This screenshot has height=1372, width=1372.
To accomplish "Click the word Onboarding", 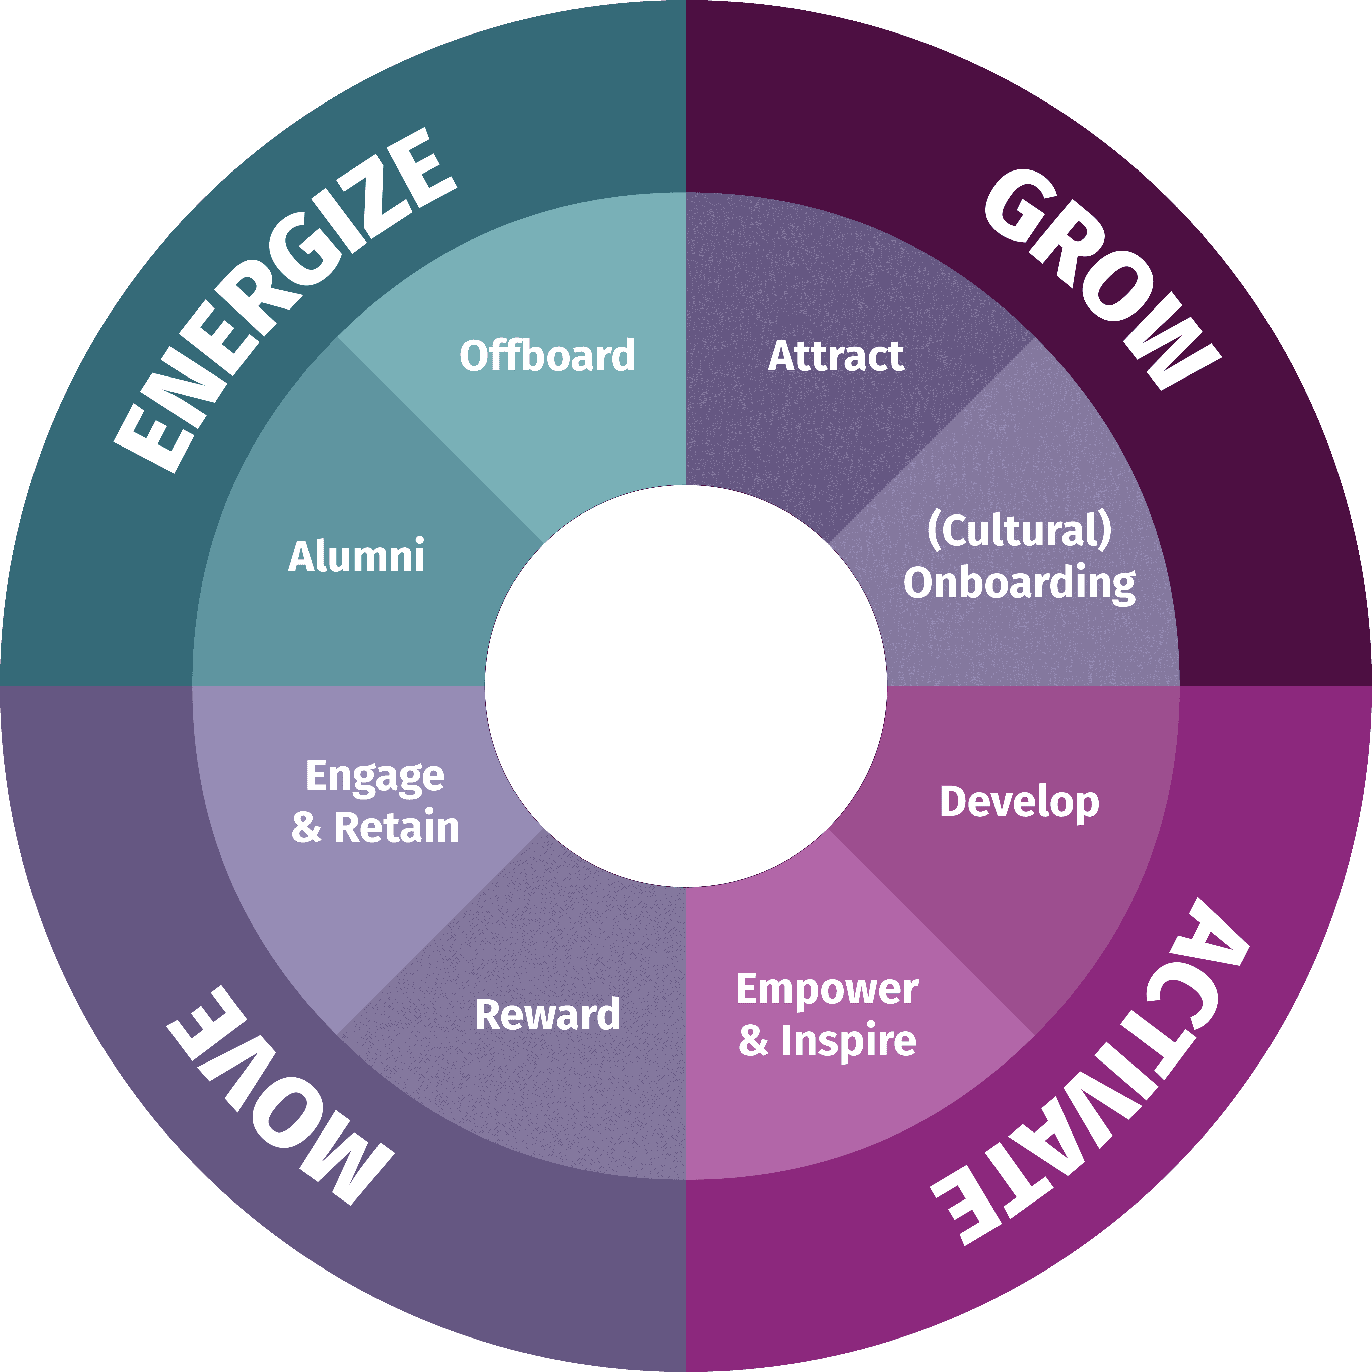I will coord(1019,584).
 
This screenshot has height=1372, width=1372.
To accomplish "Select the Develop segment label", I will coord(1019,803).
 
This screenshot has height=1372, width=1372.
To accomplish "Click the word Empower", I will coord(827,989).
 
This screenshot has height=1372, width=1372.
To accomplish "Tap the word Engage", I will coord(375,776).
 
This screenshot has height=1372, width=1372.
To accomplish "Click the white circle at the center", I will coord(686,686).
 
